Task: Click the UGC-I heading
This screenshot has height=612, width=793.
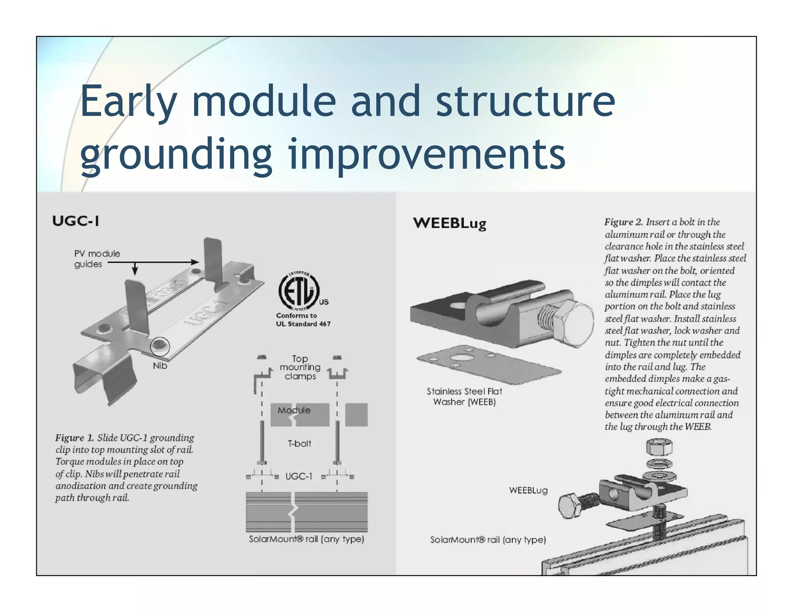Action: [x=76, y=221]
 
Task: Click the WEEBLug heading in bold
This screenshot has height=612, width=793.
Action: [x=449, y=223]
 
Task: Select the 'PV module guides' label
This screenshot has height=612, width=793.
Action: [x=96, y=259]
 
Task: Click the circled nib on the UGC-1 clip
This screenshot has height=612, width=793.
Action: [x=160, y=345]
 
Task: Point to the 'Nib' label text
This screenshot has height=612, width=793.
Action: [x=160, y=366]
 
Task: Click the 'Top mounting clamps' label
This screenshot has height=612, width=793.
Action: [x=300, y=368]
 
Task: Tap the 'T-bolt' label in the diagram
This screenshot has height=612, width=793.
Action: [x=299, y=444]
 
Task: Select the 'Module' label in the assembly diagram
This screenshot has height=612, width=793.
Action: [x=294, y=410]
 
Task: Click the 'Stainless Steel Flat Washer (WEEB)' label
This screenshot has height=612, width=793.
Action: [x=464, y=397]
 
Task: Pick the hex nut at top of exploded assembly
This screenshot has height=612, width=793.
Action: [x=659, y=448]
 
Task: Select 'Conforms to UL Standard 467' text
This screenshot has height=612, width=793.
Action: [x=303, y=320]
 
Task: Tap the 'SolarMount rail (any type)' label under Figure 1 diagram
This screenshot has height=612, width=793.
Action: [x=306, y=539]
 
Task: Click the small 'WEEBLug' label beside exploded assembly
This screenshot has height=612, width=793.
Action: [x=528, y=491]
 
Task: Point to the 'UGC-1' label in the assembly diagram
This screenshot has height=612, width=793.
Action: [x=299, y=477]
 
